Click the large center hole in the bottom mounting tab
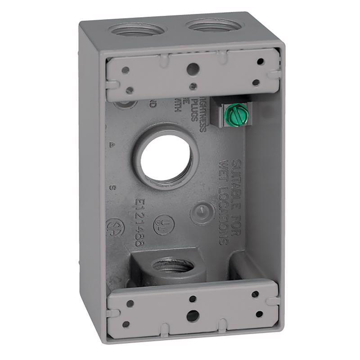tap(192, 315)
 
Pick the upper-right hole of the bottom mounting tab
tap(255, 294)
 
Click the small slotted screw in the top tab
tap(193, 85)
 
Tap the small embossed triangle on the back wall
tap(111, 145)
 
